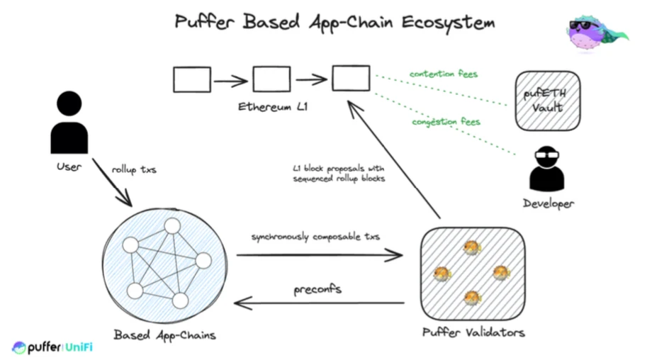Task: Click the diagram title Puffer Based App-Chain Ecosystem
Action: point(335,21)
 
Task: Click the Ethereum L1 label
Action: point(272,108)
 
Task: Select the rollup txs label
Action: point(135,169)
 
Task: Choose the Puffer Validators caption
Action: point(473,332)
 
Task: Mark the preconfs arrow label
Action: point(318,291)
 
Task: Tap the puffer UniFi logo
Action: point(52,347)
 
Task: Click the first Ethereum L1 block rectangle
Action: point(192,79)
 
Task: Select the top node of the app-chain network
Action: point(172,226)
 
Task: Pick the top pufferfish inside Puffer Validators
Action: point(471,247)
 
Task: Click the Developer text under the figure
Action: point(549,203)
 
